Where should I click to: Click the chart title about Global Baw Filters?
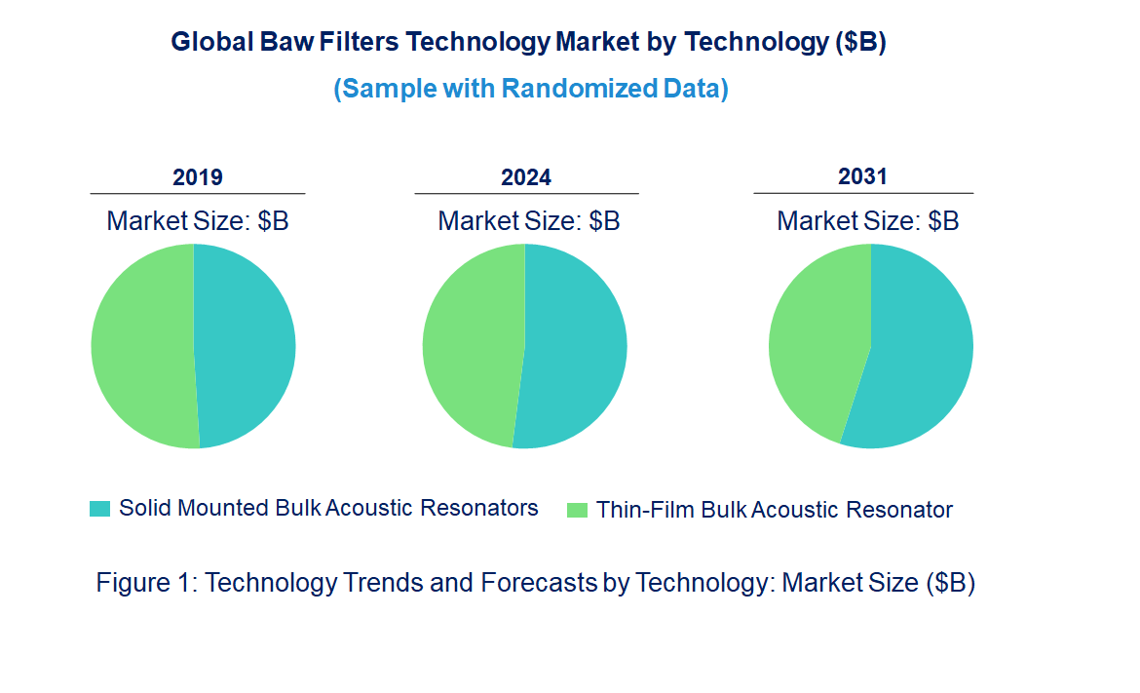(528, 43)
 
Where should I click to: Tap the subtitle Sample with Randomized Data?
(531, 89)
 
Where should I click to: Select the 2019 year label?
(198, 177)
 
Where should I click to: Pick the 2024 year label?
(526, 177)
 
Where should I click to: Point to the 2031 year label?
(862, 176)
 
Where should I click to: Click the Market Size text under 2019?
(198, 221)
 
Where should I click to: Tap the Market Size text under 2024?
(528, 221)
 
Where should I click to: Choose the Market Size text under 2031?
(867, 221)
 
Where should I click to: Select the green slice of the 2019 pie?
(141, 346)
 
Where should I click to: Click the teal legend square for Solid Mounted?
(99, 509)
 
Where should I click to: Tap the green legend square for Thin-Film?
(577, 510)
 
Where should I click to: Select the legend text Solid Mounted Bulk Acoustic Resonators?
(328, 508)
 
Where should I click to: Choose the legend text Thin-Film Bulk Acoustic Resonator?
(774, 510)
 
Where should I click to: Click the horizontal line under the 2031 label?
(862, 193)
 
